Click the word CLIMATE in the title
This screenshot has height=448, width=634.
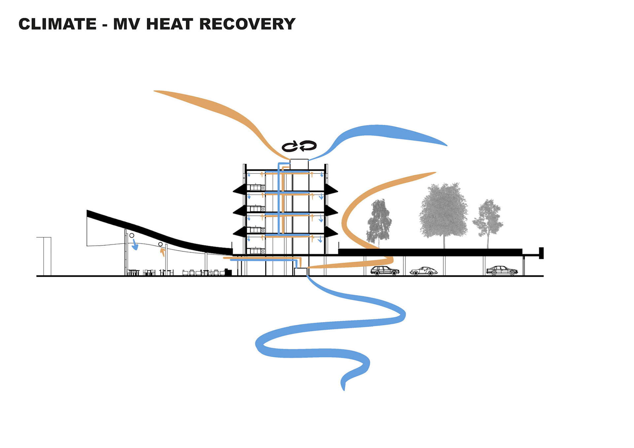(x=57, y=24)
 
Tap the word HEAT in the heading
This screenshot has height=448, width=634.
(x=169, y=24)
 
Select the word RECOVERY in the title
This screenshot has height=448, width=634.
(x=247, y=24)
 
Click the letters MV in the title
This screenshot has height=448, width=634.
(x=127, y=24)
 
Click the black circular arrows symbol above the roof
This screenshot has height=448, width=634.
(x=299, y=146)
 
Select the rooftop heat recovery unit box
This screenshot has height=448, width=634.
(x=299, y=164)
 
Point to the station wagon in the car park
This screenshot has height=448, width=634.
(x=385, y=271)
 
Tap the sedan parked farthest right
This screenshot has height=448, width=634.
(x=502, y=271)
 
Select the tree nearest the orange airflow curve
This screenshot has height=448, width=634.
(x=379, y=221)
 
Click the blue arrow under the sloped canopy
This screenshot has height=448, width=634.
(x=134, y=245)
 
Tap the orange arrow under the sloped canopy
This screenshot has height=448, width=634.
(x=162, y=252)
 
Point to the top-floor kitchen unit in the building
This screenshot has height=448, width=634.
(x=256, y=187)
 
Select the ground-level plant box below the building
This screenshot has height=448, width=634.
(x=300, y=272)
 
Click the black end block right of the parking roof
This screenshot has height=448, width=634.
(x=541, y=253)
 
